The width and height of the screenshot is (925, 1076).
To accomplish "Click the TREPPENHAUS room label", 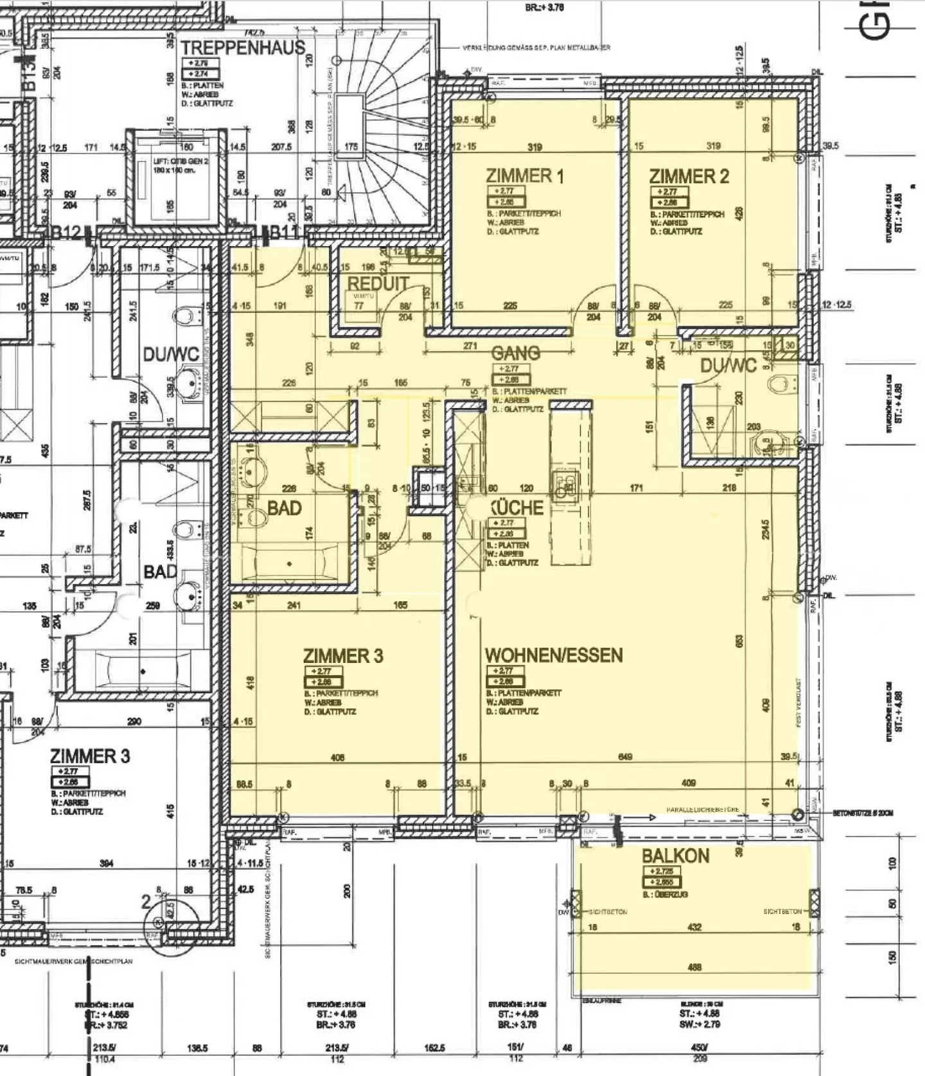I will pos(242,48).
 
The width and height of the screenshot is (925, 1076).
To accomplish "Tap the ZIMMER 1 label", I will pos(525,176).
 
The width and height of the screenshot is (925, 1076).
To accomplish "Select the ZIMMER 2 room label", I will pos(689,177).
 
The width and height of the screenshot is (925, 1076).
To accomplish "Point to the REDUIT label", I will pos(378,283).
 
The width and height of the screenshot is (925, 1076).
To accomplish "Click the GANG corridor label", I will pos(516,353).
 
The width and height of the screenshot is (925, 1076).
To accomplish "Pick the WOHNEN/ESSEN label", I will pos(554,656).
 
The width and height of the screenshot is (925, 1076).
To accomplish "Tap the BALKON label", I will pos(675,856).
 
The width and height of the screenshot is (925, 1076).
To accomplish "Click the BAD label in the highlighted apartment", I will pos(284,508).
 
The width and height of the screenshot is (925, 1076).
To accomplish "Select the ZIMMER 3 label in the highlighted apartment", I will pos(343,656).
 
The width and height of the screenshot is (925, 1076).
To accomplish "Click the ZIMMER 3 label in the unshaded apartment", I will pos(90,755).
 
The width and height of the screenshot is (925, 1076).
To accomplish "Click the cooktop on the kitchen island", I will pos(565,486).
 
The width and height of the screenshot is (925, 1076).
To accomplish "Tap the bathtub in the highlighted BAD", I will pos(290,563).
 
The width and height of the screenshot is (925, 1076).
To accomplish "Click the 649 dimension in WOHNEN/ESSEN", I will pos(624,757).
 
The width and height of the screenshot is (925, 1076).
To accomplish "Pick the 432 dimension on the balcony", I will pos(694,927).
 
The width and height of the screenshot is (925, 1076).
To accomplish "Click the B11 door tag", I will pos(284,233).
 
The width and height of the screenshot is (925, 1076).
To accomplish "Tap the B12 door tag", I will pos(67,233).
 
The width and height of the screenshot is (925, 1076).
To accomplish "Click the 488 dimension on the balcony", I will pos(694,967).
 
